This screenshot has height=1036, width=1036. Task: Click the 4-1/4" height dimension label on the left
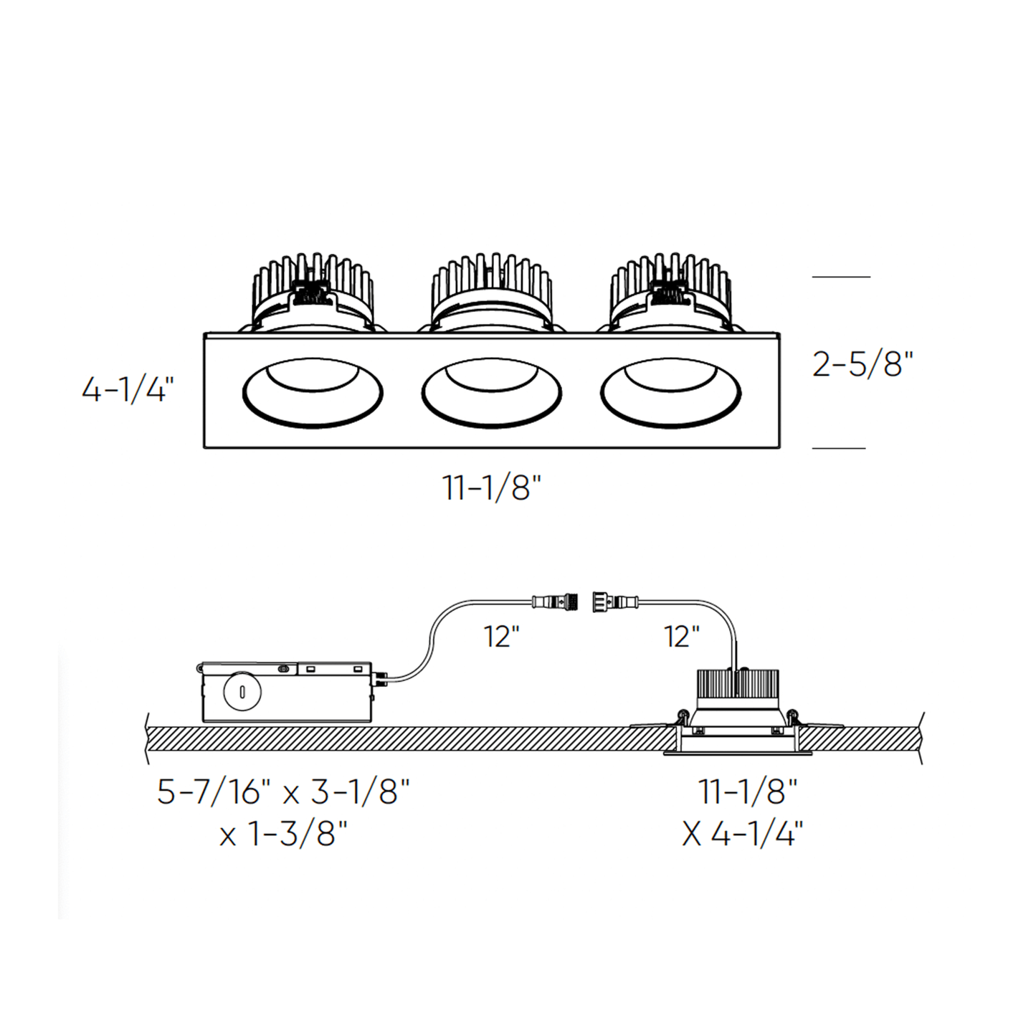click(128, 390)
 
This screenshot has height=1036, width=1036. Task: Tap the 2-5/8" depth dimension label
click(862, 364)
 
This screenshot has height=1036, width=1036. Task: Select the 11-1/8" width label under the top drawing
click(491, 488)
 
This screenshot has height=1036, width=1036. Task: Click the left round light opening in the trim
click(313, 393)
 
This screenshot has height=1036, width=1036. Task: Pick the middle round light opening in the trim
click(492, 393)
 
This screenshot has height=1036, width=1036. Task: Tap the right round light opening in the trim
click(670, 393)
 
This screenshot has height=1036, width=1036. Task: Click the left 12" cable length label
click(501, 636)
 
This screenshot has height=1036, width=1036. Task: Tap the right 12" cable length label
click(681, 636)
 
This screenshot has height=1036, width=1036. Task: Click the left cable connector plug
click(556, 601)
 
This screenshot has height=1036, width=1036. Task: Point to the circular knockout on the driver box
click(242, 692)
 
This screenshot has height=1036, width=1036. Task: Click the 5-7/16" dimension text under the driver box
click(214, 792)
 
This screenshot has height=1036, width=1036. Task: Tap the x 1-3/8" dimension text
click(283, 834)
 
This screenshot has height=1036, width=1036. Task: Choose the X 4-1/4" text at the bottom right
click(743, 834)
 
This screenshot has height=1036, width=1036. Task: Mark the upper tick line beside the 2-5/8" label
click(840, 276)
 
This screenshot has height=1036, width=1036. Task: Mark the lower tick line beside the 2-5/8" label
click(839, 448)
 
